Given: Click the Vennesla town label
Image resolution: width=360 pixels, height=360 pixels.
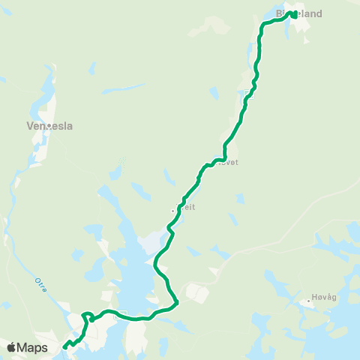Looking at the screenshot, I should (49, 127).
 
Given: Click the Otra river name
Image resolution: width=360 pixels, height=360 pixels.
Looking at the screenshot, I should (40, 286).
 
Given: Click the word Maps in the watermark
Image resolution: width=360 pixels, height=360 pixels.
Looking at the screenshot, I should (32, 347).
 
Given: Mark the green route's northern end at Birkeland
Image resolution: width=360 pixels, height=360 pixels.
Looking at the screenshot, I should (292, 13).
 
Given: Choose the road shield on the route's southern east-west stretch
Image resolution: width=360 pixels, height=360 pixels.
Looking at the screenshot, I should (117, 316).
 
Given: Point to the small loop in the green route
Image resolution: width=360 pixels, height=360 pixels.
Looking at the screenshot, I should (87, 316).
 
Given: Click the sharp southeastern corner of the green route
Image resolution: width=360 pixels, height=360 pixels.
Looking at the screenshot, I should (176, 303).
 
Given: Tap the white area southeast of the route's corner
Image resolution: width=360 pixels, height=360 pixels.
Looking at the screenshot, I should (196, 292).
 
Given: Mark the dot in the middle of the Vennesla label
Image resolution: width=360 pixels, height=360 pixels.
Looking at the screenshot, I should (49, 127).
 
